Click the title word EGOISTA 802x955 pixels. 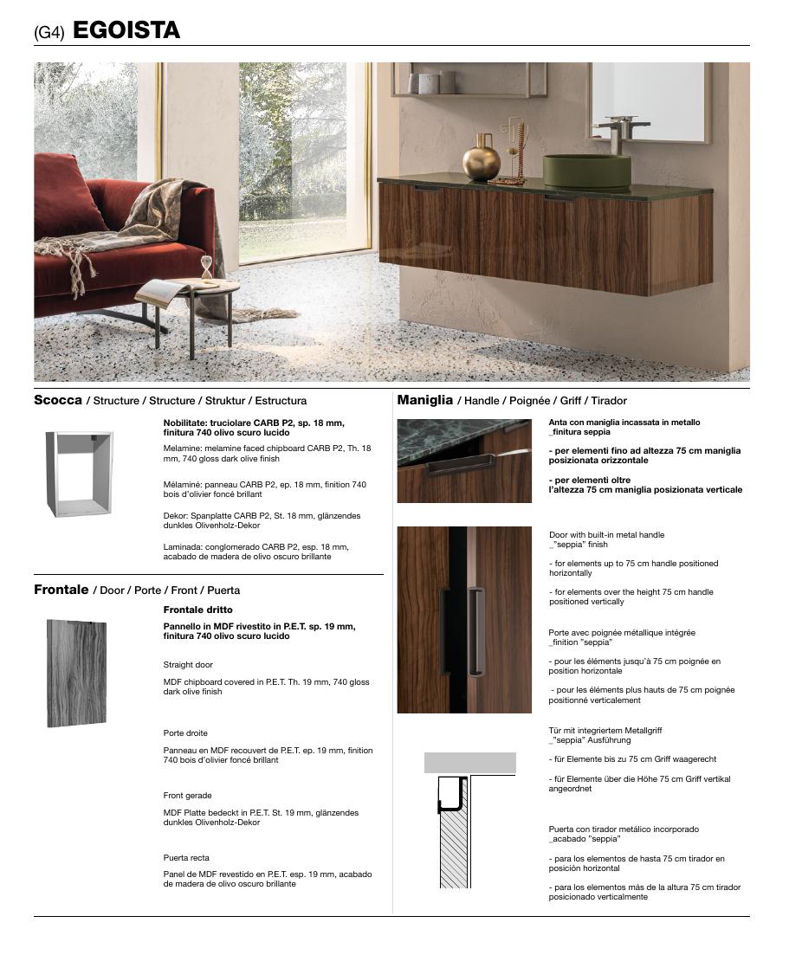click(126, 30)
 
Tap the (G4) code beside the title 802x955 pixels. click(49, 32)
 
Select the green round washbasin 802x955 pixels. click(586, 170)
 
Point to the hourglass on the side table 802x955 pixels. click(206, 268)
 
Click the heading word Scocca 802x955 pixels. click(58, 400)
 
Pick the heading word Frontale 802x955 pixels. click(61, 590)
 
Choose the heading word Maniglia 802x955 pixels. click(425, 400)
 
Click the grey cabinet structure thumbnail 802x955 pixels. click(79, 474)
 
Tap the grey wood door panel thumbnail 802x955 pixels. click(77, 673)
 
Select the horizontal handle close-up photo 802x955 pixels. click(464, 461)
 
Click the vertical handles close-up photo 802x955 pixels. click(464, 620)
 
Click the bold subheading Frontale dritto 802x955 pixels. click(198, 610)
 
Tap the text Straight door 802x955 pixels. click(188, 665)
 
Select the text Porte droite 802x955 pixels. click(185, 733)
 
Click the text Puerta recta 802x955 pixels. click(186, 858)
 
